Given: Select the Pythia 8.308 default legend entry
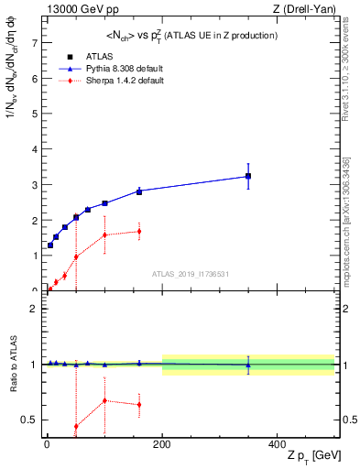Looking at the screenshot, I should (x=125, y=68).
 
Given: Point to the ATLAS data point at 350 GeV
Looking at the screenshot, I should (x=248, y=176).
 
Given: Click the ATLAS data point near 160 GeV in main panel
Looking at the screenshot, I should (x=139, y=191).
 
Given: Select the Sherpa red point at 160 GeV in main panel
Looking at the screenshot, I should (x=139, y=231).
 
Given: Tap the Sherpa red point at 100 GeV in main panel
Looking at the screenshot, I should (x=104, y=235).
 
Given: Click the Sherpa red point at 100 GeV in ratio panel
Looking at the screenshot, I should (x=104, y=400).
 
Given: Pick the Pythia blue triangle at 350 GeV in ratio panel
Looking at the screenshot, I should (x=248, y=365).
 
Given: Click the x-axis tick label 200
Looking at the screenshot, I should (x=162, y=444).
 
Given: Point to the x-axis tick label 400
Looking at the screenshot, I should (x=278, y=444).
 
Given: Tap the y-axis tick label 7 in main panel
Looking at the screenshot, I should (x=34, y=43).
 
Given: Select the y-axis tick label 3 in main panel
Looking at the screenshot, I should (x=34, y=185).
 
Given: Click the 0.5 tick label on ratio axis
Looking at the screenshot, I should (x=30, y=420).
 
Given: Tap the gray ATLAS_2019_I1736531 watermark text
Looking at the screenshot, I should (x=191, y=274).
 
